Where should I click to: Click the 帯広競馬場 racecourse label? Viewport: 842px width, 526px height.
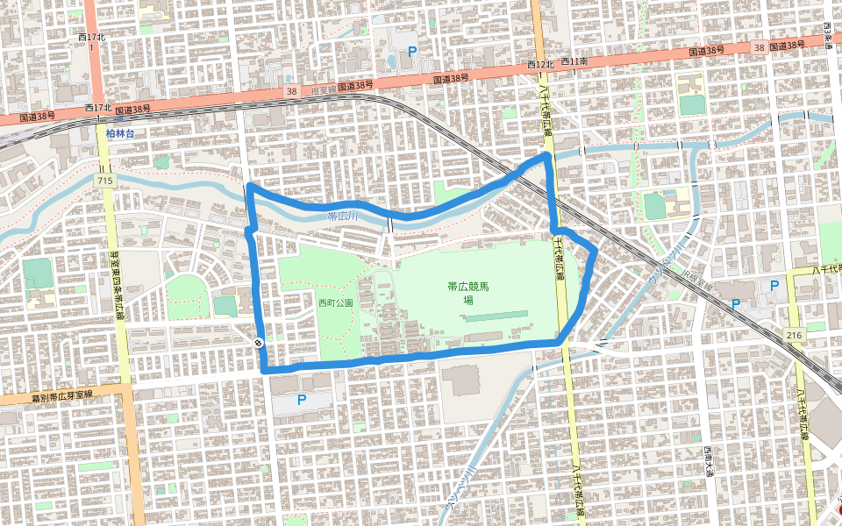tap(467, 292)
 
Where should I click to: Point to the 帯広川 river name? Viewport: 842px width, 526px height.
tap(345, 216)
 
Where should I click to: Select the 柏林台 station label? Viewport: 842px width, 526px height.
tap(120, 133)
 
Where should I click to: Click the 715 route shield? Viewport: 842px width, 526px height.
tap(106, 180)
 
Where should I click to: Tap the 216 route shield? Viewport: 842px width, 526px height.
tap(795, 336)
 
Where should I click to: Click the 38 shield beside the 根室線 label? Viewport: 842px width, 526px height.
tap(291, 91)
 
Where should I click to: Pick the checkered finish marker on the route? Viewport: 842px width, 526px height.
tap(258, 343)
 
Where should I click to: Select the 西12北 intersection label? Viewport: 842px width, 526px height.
tap(541, 65)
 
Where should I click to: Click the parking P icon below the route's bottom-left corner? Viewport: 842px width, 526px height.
tap(302, 400)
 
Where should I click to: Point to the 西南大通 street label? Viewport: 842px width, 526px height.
tap(708, 459)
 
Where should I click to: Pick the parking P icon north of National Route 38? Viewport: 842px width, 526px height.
tap(411, 52)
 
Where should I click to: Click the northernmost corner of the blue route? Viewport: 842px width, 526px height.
tap(547, 155)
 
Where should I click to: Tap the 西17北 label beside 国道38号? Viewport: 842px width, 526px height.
tap(99, 108)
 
